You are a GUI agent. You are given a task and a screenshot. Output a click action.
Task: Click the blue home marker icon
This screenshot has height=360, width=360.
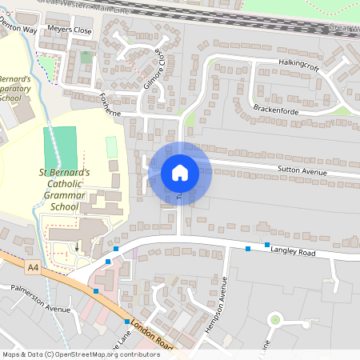tap(179, 173)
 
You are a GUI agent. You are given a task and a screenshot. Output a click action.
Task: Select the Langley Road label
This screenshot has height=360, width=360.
tap(293, 252)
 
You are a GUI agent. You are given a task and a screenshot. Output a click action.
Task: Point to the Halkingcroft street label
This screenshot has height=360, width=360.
tap(298, 62)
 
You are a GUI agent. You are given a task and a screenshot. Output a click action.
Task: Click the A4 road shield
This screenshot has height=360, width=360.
tap(32, 266)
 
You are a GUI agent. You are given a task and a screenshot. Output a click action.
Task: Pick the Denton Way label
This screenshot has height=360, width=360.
tap(18, 28)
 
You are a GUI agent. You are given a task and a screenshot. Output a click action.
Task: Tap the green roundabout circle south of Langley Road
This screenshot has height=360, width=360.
tap(275, 320)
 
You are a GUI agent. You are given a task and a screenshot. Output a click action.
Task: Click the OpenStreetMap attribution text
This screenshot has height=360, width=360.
tap(80, 354)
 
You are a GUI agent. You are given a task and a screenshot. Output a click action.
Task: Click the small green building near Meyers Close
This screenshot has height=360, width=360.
tap(86, 58)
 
